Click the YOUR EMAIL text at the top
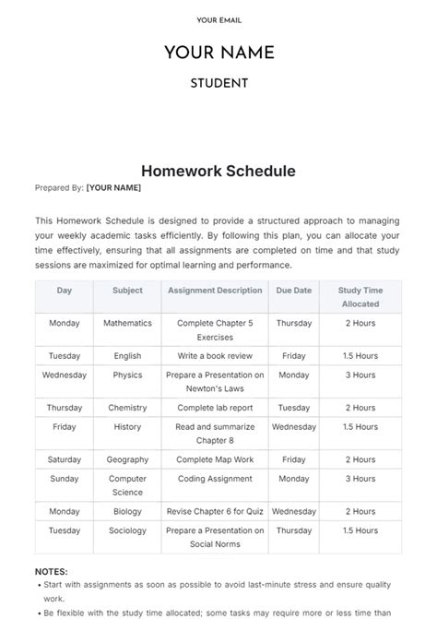pyautogui.click(x=218, y=19)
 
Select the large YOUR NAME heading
pyautogui.click(x=218, y=53)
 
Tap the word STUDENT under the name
pyautogui.click(x=218, y=83)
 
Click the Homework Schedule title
pyautogui.click(x=218, y=171)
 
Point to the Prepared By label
pyautogui.click(x=60, y=187)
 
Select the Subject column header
pyautogui.click(x=127, y=291)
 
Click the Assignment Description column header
pyautogui.click(x=215, y=291)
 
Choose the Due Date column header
pyautogui.click(x=294, y=291)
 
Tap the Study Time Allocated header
pyautogui.click(x=360, y=296)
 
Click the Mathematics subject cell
pyautogui.click(x=127, y=324)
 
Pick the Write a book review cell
pyautogui.click(x=215, y=355)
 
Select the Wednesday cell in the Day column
pyautogui.click(x=65, y=375)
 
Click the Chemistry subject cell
pyautogui.click(x=127, y=407)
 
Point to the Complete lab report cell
pyautogui.click(x=215, y=407)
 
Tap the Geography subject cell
pyautogui.click(x=127, y=459)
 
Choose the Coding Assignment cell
pyautogui.click(x=215, y=479)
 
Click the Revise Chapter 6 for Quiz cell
pyautogui.click(x=215, y=511)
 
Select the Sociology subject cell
pyautogui.click(x=127, y=531)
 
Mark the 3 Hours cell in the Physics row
pyautogui.click(x=360, y=375)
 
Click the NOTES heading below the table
pyautogui.click(x=51, y=572)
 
